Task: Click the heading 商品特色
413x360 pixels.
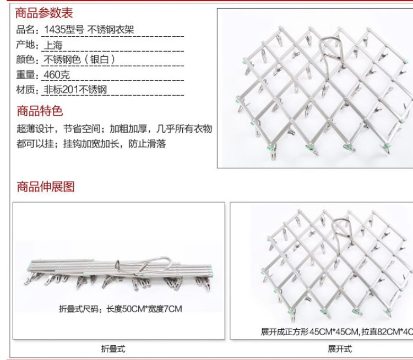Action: point(40,111)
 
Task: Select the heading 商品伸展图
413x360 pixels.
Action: point(45,187)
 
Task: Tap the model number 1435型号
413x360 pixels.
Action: point(64,30)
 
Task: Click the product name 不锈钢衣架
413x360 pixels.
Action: point(111,30)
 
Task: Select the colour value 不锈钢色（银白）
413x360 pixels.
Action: point(79,60)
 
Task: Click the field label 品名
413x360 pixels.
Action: point(25,30)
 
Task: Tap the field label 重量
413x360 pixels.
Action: point(25,75)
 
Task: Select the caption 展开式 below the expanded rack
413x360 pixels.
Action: point(339,349)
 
